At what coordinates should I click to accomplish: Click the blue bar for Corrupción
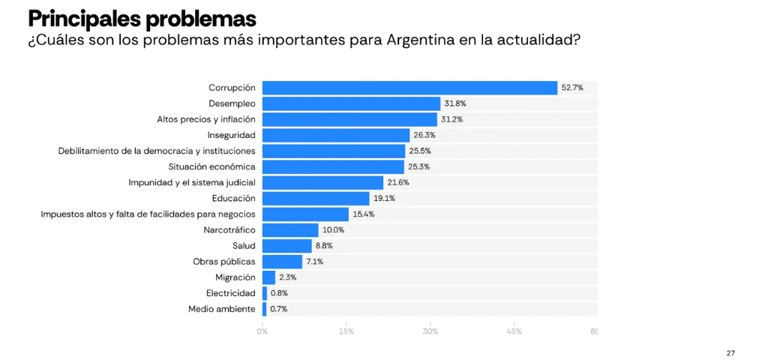[409, 88]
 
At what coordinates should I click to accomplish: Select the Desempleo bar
[351, 103]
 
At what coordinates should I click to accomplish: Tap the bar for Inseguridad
[336, 135]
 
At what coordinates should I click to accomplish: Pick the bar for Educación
[316, 198]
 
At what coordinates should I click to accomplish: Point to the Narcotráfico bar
[290, 229]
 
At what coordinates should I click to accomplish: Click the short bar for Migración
[268, 277]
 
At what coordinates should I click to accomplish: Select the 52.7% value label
[571, 88]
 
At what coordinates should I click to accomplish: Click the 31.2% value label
[451, 119]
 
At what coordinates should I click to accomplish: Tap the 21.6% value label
[398, 182]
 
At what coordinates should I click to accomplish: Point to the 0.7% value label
[278, 308]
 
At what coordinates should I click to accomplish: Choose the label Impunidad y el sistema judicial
[192, 182]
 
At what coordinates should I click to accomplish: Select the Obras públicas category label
[224, 261]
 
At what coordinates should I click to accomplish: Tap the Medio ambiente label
[222, 308]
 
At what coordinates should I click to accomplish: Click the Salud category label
[244, 245]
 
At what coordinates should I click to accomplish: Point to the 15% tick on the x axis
[346, 331]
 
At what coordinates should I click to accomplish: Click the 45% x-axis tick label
[514, 331]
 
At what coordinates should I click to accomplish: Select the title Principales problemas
[142, 18]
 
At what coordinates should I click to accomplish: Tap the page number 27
[730, 352]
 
